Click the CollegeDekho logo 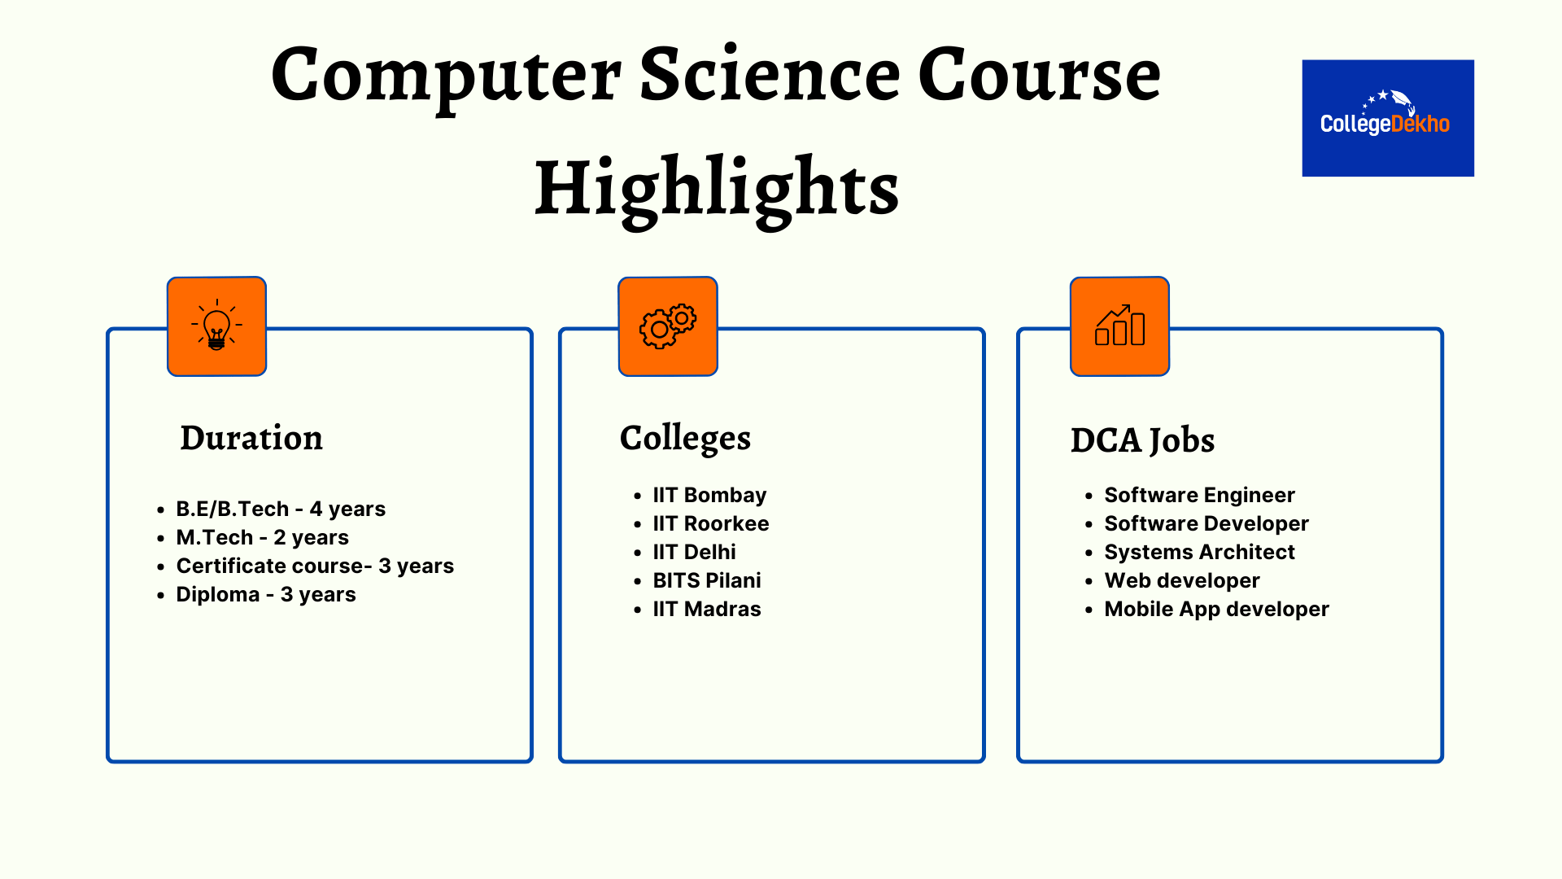[1388, 118]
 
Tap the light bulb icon [216, 326]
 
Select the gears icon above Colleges [668, 326]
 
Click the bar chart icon [1119, 326]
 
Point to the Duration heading [251, 438]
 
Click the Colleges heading [685, 439]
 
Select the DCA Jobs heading [1142, 441]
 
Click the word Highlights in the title [717, 189]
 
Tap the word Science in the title [770, 75]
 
